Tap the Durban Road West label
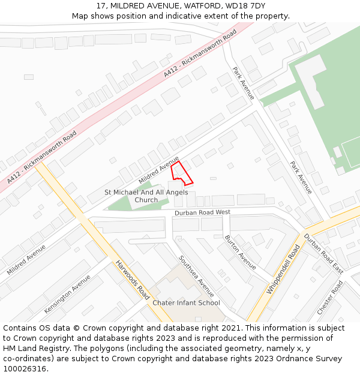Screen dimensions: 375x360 [202, 212]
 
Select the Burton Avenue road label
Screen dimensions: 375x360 [241, 253]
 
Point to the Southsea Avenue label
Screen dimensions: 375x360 [196, 276]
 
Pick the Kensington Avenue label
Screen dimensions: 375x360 [67, 294]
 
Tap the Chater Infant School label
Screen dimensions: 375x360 [186, 303]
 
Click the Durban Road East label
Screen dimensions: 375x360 [323, 253]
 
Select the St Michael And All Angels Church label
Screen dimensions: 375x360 [146, 196]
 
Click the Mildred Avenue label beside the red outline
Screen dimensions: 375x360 [159, 170]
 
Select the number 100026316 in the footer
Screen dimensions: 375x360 [23, 369]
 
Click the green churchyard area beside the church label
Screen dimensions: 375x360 [123, 204]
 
